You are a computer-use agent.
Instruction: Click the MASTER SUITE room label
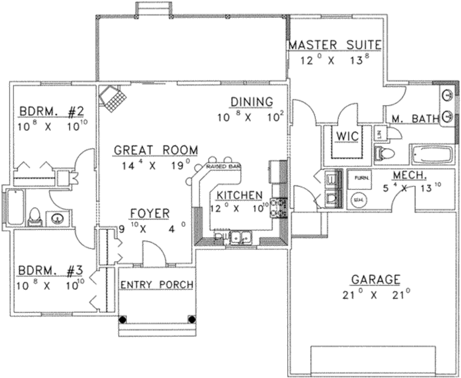335,45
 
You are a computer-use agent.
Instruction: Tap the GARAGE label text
375,279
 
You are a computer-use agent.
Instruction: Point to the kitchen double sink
241,236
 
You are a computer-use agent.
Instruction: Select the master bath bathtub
432,154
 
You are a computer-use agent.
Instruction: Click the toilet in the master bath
384,153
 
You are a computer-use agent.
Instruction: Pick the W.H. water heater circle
359,199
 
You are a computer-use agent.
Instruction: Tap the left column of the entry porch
122,319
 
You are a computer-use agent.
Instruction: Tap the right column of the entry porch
191,319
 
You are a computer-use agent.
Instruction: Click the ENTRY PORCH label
157,284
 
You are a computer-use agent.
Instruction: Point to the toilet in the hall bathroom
34,217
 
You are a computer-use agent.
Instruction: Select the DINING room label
252,102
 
